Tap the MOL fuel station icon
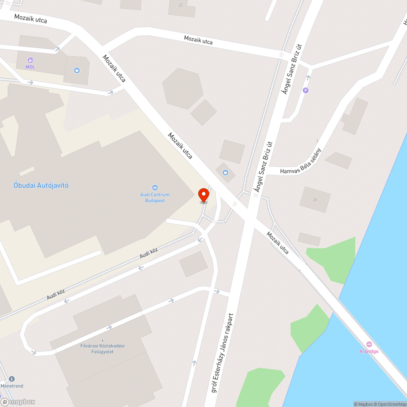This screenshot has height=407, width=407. pyautogui.click(x=31, y=60)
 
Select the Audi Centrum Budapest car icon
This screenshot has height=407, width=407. pyautogui.click(x=155, y=188)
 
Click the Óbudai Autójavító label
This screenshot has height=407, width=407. pyautogui.click(x=41, y=186)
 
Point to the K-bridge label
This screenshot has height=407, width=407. pyautogui.click(x=369, y=351)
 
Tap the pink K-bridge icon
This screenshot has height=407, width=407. pyautogui.click(x=369, y=344)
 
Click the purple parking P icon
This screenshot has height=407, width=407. pyautogui.click(x=306, y=90)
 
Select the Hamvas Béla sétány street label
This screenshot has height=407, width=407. pyautogui.click(x=301, y=161)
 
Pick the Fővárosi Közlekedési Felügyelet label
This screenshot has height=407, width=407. pyautogui.click(x=102, y=349)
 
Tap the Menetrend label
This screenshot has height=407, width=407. pyautogui.click(x=12, y=386)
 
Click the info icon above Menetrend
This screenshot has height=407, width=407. pyautogui.click(x=11, y=379)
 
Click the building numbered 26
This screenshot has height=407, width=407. pyautogui.click(x=315, y=199)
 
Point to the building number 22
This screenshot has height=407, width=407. pyautogui.click(x=181, y=5)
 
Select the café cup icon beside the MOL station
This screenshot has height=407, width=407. pyautogui.click(x=77, y=70)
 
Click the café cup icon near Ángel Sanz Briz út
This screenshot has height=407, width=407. pyautogui.click(x=226, y=173)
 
